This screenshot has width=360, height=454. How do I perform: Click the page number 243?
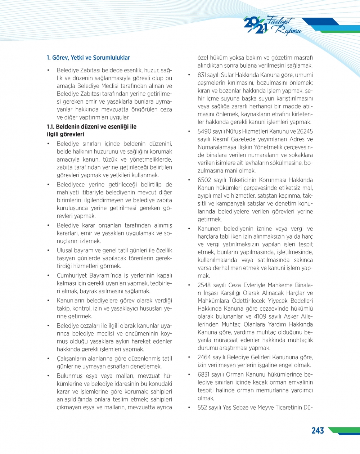point(318,431)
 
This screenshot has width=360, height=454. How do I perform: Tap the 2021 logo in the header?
point(256,25)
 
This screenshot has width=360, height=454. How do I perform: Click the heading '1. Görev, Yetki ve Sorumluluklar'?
point(88,58)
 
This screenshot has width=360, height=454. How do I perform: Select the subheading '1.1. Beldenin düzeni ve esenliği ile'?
point(91,127)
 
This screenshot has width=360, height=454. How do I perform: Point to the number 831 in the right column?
point(202,75)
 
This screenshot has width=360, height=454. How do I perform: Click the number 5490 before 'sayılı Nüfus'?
point(204,131)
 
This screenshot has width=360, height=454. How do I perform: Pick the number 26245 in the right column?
point(305,131)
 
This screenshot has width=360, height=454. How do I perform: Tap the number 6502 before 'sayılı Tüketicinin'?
point(204,180)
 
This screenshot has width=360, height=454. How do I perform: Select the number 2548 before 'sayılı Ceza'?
point(204,285)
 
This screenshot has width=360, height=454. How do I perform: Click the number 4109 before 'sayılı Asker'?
point(260,316)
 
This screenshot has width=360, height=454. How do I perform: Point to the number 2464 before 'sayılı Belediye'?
point(204,357)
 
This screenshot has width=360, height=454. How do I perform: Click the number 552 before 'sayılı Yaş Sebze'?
point(202,408)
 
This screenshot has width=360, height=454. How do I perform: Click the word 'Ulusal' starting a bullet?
point(65,250)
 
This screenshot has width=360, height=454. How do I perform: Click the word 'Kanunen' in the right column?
point(209,229)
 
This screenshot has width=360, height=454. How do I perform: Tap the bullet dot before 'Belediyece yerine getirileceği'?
point(49,185)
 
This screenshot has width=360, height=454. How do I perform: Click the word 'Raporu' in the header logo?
point(288,31)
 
